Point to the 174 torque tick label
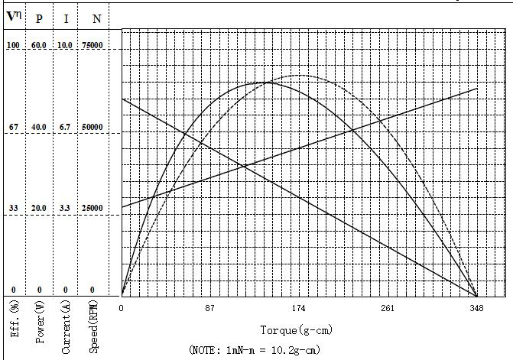[298, 309]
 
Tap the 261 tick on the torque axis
[388, 309]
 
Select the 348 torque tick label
[476, 309]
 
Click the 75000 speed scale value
[93, 46]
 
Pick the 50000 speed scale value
[93, 127]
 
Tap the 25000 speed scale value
[93, 209]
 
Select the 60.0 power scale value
[39, 46]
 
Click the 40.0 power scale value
[39, 127]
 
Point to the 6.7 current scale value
[66, 127]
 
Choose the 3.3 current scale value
[66, 209]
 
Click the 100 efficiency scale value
[13, 46]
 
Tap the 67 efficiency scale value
[13, 127]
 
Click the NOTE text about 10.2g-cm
[255, 350]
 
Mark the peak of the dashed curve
[298, 75]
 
